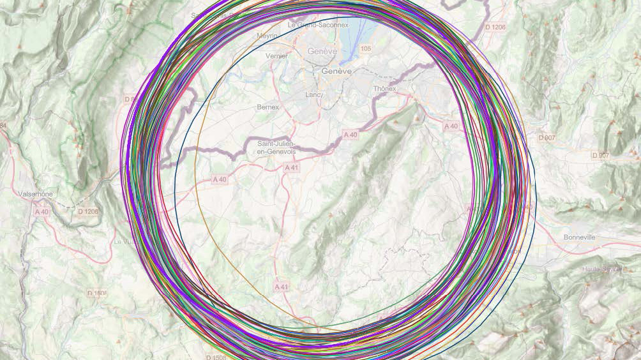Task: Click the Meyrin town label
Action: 268,36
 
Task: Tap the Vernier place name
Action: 276,56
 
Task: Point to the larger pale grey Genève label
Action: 322,51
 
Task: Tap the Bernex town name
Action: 268,107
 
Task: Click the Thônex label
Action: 384,89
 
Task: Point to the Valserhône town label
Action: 36,193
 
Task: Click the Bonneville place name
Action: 579,237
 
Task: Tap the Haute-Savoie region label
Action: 601,269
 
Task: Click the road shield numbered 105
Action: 365,49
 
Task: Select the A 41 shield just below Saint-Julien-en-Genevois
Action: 291,168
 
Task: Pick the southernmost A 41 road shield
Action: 282,287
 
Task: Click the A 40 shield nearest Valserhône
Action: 42,211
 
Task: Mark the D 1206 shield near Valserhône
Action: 88,211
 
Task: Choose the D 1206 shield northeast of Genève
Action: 495,27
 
